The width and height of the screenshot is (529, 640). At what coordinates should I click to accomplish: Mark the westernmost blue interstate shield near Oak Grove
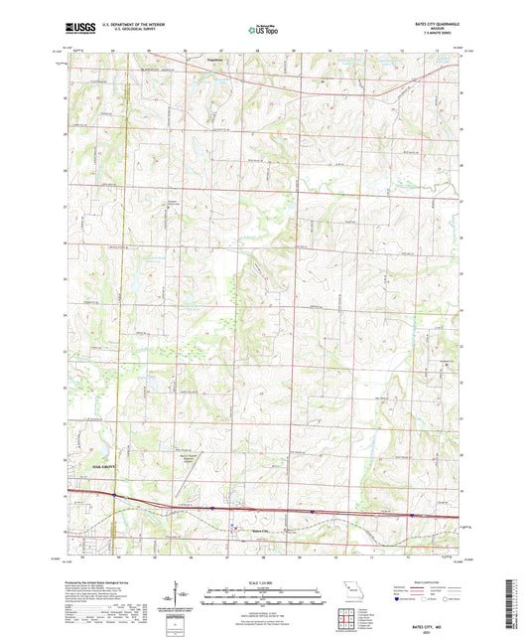pyautogui.click(x=116, y=495)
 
